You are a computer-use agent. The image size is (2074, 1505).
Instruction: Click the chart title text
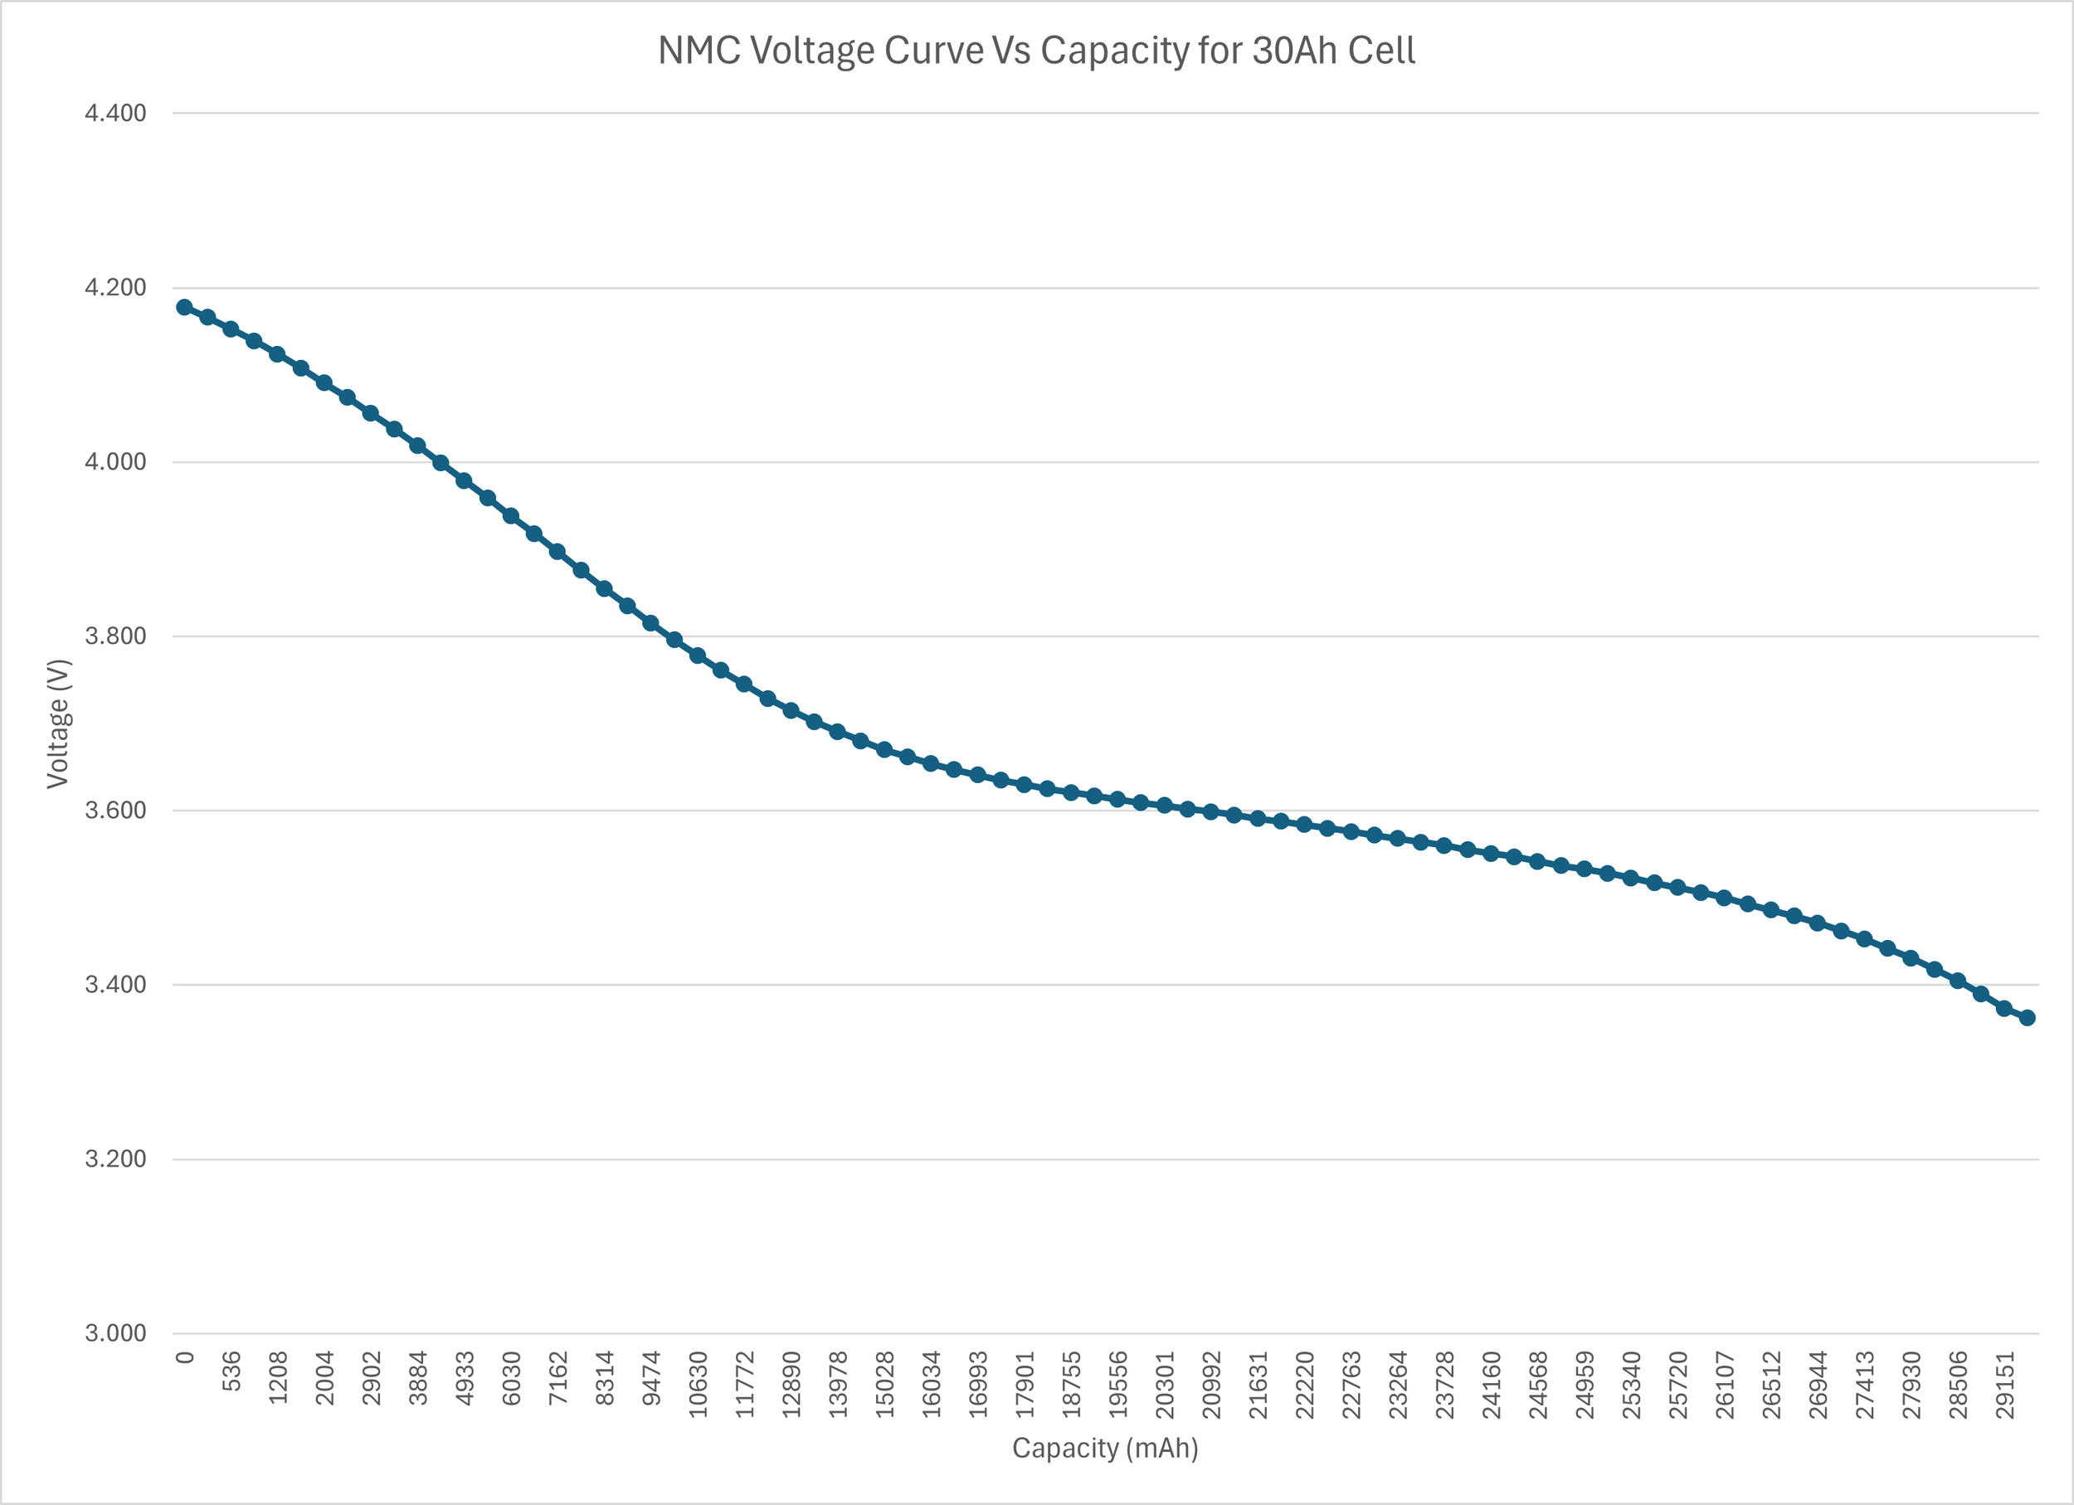coord(1036,51)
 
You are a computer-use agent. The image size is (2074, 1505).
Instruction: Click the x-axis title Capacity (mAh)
coord(1105,1449)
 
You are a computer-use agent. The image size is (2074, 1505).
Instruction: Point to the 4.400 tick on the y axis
coord(115,114)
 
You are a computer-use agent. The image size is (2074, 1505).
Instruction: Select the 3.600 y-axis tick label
coord(115,810)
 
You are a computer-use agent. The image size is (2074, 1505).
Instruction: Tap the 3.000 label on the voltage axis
coord(115,1333)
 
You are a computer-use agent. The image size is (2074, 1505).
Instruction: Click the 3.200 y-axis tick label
coord(115,1159)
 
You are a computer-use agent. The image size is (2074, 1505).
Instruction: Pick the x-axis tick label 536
coord(232,1371)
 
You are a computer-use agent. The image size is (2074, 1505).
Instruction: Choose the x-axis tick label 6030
coord(512,1378)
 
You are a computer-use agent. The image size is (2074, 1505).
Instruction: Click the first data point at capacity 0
coord(184,307)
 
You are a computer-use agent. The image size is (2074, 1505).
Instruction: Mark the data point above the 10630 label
coord(698,655)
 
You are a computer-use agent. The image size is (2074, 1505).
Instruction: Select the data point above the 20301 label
coord(1164,806)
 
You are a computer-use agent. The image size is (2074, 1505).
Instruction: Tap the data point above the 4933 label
coord(464,481)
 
